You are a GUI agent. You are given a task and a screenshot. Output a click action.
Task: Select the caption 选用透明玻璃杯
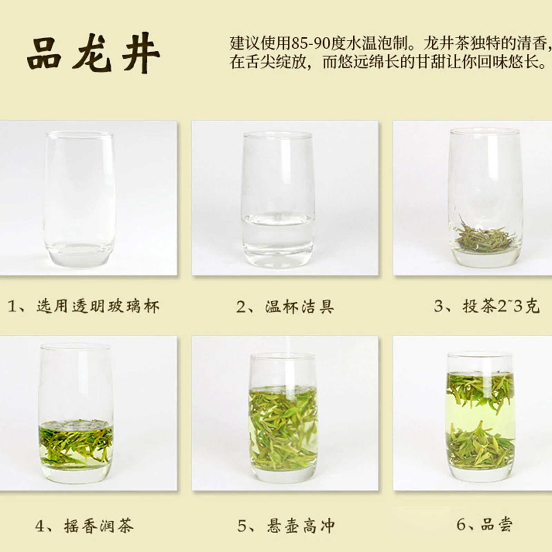click(x=98, y=306)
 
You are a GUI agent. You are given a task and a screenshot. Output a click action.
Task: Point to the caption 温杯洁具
click(x=299, y=306)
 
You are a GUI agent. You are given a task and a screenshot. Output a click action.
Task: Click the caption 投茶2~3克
click(x=501, y=306)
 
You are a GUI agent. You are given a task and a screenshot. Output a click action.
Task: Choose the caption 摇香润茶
click(x=99, y=526)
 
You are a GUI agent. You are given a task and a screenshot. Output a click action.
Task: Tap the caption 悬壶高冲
click(x=300, y=526)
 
